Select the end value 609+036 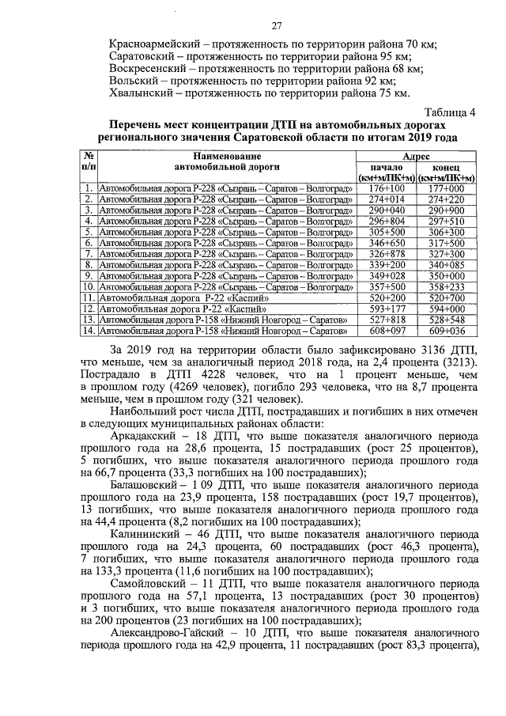click(447, 331)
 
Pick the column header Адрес click(416, 158)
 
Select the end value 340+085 click(447, 264)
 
